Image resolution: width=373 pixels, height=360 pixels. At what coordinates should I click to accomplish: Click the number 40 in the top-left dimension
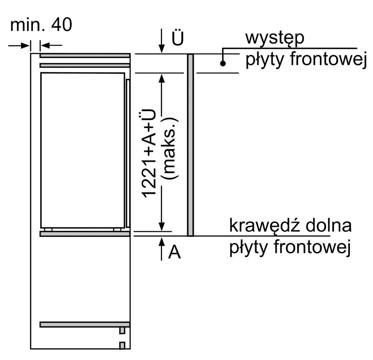coord(62,25)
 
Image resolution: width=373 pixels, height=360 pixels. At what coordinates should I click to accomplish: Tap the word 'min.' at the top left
coord(28,25)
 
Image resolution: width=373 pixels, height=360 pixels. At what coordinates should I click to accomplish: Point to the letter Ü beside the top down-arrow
coord(178,37)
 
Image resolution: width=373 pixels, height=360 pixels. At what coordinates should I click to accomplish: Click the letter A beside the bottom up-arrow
coord(174,252)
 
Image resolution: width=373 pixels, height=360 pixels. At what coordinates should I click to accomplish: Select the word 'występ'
coord(275,38)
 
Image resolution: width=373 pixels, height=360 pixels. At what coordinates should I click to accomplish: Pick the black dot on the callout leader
coord(223,63)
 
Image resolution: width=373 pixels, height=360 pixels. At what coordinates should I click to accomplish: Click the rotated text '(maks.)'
coord(170,148)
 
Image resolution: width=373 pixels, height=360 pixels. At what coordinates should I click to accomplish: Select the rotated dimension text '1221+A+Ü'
coord(148,153)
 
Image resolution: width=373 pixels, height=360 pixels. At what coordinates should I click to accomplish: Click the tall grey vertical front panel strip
coord(190,145)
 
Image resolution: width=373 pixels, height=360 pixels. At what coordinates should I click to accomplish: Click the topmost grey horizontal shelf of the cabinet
coord(85,56)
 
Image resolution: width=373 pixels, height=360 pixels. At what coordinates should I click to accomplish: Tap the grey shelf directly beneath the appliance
coord(85,234)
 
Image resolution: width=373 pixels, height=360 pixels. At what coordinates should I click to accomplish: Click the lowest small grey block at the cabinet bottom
coord(122,346)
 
